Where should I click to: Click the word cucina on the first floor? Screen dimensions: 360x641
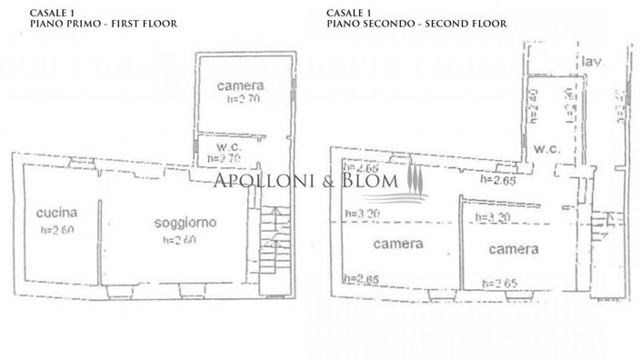coord(56,213)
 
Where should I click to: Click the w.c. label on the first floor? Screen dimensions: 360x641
coord(227,145)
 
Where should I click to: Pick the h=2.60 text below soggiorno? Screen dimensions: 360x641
coord(179,240)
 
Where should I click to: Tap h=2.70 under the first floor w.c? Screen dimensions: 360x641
coord(226,158)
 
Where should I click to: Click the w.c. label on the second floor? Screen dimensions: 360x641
coord(546,148)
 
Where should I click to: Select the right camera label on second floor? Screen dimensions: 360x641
coord(513,248)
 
